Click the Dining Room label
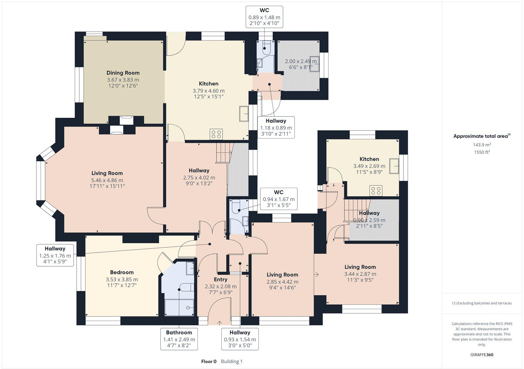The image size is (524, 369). click(123, 73)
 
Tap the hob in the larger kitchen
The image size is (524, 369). click(216, 134)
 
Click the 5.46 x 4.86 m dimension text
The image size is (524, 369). click(107, 180)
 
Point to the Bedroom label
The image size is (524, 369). click(122, 272)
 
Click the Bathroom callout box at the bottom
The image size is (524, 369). click(179, 339)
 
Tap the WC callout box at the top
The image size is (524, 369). click(264, 17)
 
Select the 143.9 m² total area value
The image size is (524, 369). click(481, 145)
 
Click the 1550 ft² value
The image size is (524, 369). click(481, 152)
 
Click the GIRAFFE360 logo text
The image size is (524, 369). click(482, 355)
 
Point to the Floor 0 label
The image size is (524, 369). click(209, 361)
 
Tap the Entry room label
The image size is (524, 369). click(220, 279)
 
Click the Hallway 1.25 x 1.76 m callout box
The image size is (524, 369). click(55, 255)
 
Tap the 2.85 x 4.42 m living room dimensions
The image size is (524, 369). click(282, 282)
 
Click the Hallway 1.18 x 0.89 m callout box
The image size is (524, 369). click(276, 127)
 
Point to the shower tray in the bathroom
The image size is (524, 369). click(180, 307)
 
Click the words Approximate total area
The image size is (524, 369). click(480, 136)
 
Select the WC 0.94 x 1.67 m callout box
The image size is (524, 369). click(278, 199)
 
